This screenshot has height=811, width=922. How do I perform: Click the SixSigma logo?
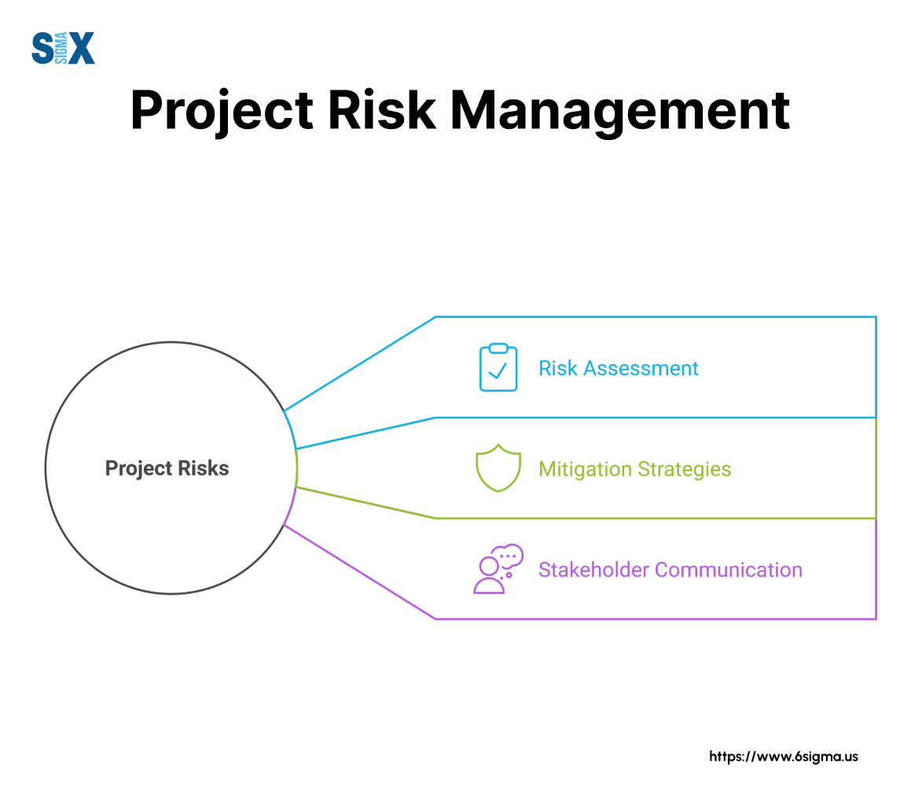click(63, 48)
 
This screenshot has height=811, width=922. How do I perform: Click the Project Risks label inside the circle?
click(167, 468)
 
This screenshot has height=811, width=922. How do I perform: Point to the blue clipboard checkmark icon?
click(498, 367)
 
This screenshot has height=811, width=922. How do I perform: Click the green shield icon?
click(498, 468)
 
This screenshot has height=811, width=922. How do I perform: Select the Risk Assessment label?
click(618, 368)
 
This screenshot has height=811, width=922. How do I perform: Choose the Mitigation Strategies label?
click(634, 469)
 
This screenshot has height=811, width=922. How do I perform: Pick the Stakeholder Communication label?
click(670, 570)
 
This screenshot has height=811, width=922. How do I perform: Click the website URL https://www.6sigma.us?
click(784, 757)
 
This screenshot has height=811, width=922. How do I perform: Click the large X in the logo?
click(80, 48)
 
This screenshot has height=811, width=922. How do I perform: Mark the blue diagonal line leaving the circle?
click(360, 363)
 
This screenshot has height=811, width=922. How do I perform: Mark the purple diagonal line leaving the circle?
click(360, 572)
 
